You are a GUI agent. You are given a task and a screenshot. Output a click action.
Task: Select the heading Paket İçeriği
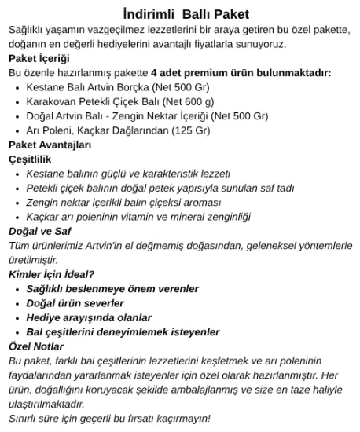39,59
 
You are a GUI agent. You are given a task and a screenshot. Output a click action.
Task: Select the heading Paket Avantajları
50,145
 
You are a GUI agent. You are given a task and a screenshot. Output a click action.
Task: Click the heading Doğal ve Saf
40,231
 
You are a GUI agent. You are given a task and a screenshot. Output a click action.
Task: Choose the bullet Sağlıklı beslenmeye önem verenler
113,289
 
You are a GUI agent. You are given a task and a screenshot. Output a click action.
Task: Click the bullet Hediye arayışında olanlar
88,317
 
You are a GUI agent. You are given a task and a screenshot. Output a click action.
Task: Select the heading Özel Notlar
36,346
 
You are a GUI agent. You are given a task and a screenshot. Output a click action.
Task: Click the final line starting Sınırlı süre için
110,418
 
